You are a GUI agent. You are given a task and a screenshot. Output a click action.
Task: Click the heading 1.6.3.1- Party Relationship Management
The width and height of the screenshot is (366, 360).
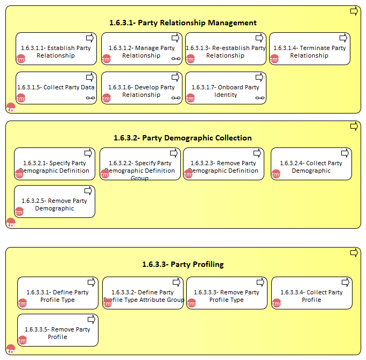183,23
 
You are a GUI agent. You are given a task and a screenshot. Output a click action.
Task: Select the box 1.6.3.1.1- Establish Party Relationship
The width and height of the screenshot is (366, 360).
57,49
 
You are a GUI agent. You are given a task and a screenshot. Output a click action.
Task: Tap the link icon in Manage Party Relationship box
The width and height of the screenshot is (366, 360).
176,59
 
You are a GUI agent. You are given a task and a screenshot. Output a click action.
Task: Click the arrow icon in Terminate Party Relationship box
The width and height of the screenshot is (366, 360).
343,38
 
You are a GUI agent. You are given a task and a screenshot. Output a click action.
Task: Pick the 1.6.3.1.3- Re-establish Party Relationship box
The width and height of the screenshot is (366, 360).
226,49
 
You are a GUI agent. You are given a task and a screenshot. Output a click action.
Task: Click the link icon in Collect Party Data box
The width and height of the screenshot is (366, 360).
90,98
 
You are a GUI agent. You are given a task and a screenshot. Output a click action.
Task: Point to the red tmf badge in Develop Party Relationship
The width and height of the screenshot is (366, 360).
107,98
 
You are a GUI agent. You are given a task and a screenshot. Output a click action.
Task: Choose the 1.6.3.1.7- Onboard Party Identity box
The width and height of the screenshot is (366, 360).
226,88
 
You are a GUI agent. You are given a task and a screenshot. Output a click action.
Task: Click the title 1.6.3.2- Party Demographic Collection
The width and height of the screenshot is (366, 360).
182,138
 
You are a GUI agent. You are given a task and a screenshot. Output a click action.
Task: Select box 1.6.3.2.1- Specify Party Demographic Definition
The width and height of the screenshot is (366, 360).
54,164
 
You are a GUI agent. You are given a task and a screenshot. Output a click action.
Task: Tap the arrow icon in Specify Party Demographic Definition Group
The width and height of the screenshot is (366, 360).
174,153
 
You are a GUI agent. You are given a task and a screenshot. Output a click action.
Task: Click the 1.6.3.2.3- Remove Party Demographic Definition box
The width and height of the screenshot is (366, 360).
223,164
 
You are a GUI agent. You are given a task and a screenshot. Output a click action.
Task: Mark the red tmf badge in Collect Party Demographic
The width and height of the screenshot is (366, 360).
276,174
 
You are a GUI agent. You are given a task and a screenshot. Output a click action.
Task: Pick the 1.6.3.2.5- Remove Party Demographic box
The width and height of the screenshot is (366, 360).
54,202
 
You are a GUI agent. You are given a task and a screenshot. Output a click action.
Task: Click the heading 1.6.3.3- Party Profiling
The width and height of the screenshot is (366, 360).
183,264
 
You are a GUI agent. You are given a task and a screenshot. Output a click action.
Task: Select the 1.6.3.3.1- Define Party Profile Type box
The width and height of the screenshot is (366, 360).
58,293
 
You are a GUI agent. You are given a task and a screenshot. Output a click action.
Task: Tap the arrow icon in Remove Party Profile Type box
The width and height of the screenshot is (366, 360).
261,283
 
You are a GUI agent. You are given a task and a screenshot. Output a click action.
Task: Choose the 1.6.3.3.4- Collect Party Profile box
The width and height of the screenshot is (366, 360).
312,293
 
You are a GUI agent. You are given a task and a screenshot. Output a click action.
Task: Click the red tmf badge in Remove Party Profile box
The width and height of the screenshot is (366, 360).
23,340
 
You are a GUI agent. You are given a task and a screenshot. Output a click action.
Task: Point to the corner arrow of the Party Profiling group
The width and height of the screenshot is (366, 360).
354,253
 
